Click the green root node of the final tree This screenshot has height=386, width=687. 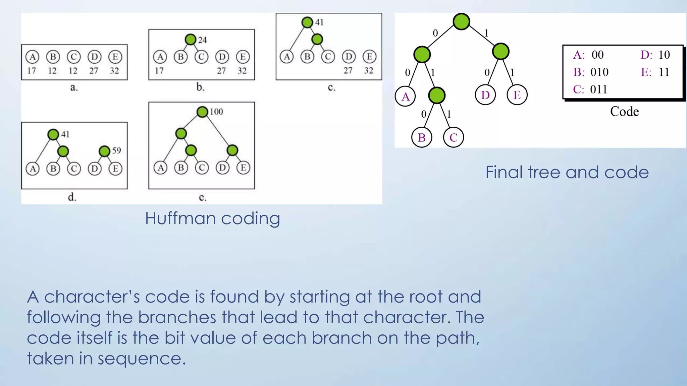point(461,22)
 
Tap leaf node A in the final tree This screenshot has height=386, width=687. point(405,96)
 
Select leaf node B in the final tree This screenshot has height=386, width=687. point(422,137)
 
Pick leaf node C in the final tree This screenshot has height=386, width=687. point(453,137)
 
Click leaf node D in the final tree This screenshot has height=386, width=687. point(485,95)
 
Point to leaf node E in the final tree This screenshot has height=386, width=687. point(517,95)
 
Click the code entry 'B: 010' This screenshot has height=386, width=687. point(591,72)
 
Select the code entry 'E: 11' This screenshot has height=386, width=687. point(655,72)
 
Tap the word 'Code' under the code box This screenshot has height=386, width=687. point(624,112)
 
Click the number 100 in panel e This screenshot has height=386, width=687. point(216,112)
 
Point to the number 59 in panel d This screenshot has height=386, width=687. point(116,150)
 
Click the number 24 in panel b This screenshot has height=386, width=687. point(202,40)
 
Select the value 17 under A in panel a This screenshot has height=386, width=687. point(32,71)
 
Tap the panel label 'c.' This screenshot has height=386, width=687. point(331,88)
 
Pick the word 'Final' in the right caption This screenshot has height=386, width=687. point(504,173)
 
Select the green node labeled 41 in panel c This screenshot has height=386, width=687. point(307,22)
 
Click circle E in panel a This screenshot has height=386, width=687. point(115,57)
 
